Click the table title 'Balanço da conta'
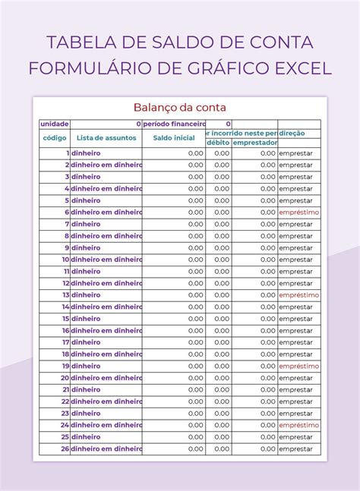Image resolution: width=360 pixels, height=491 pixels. tap(180, 108)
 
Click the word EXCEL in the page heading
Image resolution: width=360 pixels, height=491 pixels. tap(298, 68)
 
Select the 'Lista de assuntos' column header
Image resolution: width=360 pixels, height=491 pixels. tap(106, 138)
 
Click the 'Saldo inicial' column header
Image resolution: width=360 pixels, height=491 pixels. tap(173, 138)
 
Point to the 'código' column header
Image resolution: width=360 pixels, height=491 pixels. tap(55, 138)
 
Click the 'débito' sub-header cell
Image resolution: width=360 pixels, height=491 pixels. tap(218, 143)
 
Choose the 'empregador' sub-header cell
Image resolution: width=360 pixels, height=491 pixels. tap(254, 143)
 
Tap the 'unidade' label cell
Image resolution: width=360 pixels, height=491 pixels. tap(55, 124)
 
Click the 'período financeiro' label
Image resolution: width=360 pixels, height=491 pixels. tap(174, 124)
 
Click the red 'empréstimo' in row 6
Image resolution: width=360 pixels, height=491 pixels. tap(299, 212)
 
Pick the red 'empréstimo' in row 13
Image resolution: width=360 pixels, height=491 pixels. tap(299, 295)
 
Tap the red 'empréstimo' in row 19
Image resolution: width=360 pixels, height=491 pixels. tap(299, 366)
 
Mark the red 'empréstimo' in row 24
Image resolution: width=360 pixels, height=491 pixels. tap(299, 425)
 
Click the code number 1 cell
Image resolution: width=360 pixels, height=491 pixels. tap(67, 153)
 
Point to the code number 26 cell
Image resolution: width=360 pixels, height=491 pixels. tap(65, 449)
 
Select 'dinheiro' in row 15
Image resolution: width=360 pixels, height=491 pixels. tap(86, 319)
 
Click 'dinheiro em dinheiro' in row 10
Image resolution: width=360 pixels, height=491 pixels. tap(106, 260)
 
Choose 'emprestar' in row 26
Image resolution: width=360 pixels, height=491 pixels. tap(295, 449)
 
